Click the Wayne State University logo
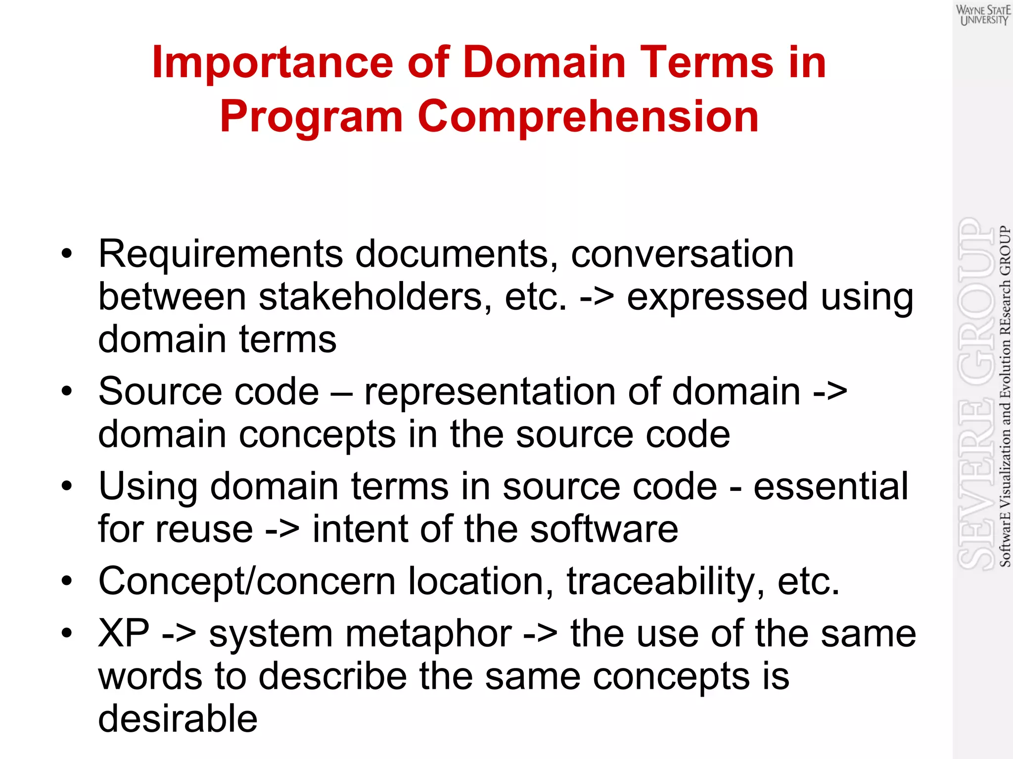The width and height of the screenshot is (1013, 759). [x=983, y=15]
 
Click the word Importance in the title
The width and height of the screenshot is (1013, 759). [x=273, y=62]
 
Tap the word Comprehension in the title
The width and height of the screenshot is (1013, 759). [x=588, y=117]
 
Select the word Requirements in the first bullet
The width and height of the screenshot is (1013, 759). [x=221, y=254]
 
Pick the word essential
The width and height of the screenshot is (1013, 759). [x=831, y=486]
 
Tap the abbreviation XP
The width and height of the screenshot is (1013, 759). [x=124, y=633]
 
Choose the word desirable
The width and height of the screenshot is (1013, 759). [x=178, y=718]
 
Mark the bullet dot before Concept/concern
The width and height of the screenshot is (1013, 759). [x=67, y=581]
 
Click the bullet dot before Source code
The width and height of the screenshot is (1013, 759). [x=67, y=391]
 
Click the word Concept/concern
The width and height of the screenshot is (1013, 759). [x=247, y=582]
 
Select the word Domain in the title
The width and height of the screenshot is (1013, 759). [x=545, y=62]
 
